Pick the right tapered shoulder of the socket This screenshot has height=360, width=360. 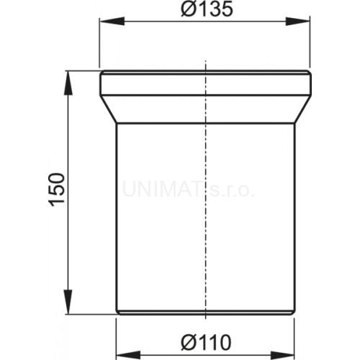click(x=302, y=109)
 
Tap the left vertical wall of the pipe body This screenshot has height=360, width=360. click(x=116, y=216)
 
